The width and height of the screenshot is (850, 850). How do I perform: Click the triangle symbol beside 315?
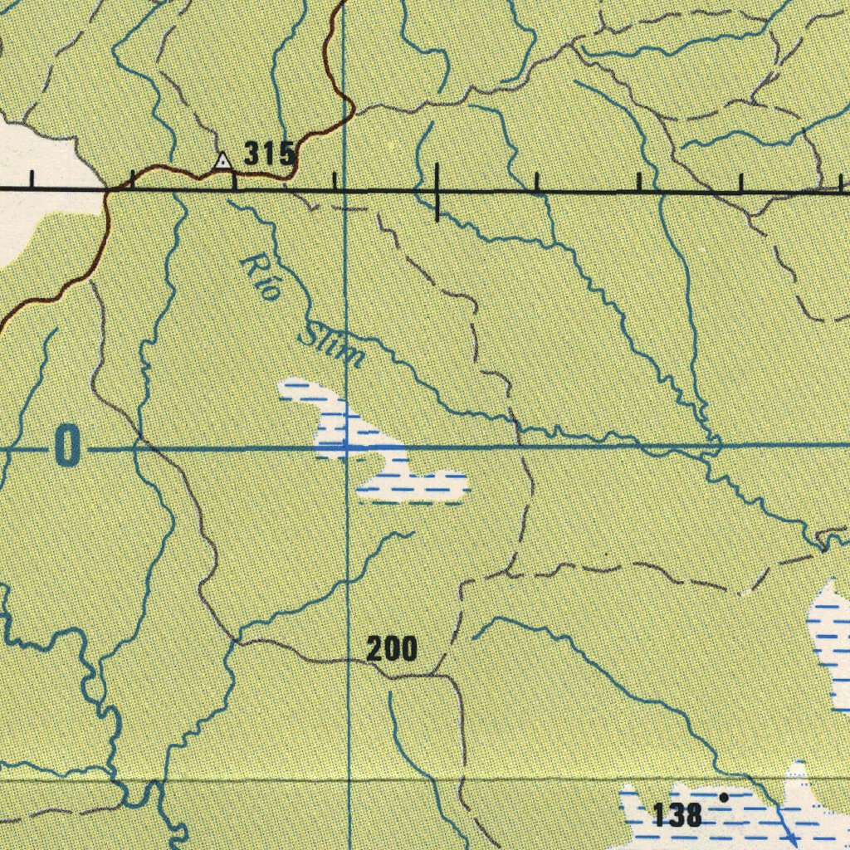coord(222,160)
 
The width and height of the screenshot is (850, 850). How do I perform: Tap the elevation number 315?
coord(269,154)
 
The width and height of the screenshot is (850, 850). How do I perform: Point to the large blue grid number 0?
coord(67,447)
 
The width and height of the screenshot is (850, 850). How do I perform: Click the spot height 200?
coord(392,649)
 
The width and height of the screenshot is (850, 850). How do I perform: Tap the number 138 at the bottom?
coord(678,816)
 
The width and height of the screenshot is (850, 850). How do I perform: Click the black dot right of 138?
coord(724,797)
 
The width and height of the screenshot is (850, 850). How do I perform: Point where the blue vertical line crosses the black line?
coord(345,191)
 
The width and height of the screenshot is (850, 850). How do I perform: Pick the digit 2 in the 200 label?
coord(375,649)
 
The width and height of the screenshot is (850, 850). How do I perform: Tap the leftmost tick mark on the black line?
coord(32,179)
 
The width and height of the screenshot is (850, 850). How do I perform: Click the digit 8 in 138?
coord(693,816)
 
